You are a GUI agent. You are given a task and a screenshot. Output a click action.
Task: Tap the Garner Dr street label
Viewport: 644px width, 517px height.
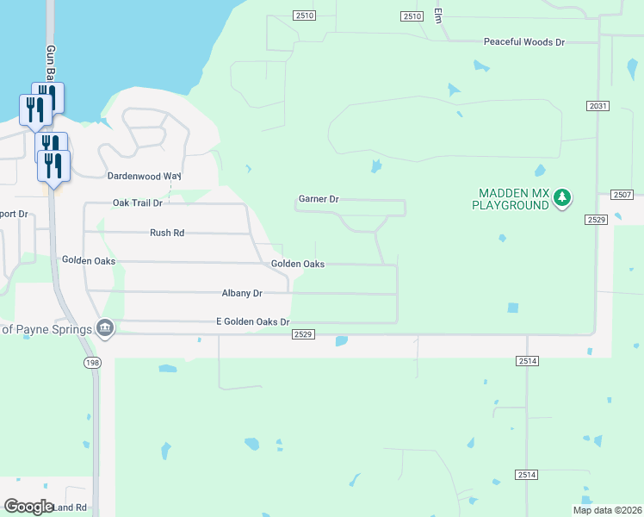(x=319, y=199)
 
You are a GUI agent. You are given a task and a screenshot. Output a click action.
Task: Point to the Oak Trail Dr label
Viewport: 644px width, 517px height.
(x=137, y=203)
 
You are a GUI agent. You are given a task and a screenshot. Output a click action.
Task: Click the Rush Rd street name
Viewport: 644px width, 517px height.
(x=167, y=233)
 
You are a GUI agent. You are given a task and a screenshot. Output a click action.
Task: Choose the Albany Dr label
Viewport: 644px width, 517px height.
(x=241, y=293)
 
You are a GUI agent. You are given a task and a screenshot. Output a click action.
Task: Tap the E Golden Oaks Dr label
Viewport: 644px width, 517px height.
(x=253, y=321)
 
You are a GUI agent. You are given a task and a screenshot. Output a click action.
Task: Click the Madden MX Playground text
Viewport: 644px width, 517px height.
(x=511, y=199)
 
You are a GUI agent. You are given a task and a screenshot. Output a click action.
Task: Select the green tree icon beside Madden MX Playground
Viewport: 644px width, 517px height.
(x=562, y=198)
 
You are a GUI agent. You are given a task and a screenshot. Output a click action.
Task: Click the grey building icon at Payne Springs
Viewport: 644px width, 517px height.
(x=105, y=328)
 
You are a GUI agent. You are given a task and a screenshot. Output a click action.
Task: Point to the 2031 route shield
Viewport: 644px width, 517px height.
(x=598, y=106)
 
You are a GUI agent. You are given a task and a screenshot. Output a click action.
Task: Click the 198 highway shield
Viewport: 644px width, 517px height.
(x=92, y=364)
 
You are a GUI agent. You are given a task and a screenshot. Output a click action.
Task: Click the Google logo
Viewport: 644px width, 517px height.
(x=28, y=506)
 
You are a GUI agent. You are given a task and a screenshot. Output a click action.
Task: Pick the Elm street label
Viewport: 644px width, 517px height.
(x=438, y=16)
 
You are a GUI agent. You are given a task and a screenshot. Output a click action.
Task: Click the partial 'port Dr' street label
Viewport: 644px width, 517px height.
(x=14, y=214)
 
